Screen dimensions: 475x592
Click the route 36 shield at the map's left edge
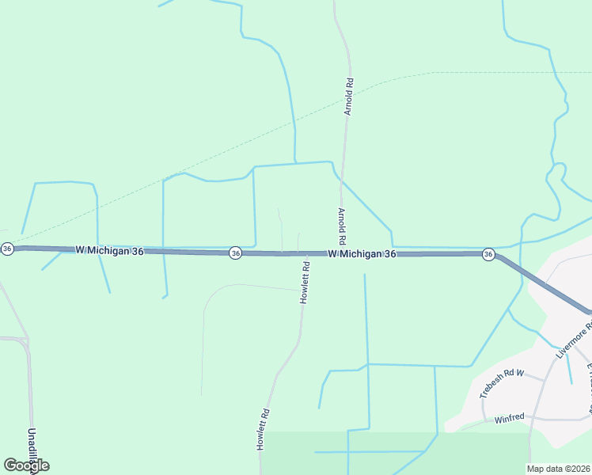[7, 249]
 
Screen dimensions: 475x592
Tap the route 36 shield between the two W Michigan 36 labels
[235, 253]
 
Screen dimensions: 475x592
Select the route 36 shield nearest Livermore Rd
[488, 254]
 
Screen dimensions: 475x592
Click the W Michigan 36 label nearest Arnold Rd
[362, 253]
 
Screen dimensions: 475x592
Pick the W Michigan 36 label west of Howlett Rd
[110, 250]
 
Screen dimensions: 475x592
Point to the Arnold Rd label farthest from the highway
[348, 97]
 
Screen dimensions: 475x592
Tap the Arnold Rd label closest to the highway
[342, 226]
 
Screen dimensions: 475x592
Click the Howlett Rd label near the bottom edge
[264, 430]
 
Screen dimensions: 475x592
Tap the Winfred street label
[510, 420]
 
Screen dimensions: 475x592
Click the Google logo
[26, 465]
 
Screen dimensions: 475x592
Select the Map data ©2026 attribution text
[559, 469]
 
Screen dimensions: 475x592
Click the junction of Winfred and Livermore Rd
[534, 419]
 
